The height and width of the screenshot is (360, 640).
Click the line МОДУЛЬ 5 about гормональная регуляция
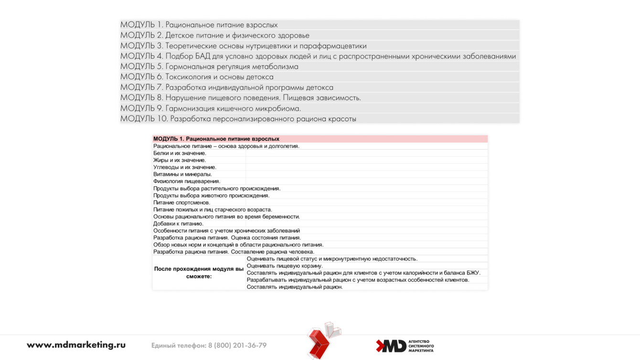click(209, 66)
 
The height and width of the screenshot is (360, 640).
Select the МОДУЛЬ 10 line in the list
click(238, 119)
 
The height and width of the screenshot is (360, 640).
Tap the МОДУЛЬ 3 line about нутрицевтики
click(243, 46)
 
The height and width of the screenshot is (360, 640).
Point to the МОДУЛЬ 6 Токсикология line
click(197, 77)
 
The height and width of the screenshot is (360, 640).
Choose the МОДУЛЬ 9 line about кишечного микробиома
click(211, 108)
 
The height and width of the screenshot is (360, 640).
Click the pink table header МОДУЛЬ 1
click(216, 139)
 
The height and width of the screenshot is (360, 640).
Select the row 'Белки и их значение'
click(180, 153)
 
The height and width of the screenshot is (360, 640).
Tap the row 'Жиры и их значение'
click(180, 160)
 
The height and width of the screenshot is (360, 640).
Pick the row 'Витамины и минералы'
click(182, 174)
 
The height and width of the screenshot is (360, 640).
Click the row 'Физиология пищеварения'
click(187, 181)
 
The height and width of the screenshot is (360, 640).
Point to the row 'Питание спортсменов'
click(181, 202)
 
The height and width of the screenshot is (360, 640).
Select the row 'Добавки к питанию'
click(178, 223)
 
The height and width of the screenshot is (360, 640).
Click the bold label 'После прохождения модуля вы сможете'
click(199, 273)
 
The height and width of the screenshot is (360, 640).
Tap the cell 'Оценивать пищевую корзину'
click(285, 266)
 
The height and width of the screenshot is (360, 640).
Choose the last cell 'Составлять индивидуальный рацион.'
click(295, 287)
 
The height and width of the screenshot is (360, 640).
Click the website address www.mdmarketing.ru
click(76, 345)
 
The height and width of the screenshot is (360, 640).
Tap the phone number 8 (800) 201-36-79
click(237, 345)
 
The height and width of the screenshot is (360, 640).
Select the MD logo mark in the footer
click(391, 346)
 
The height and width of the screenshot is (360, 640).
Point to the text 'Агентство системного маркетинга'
click(421, 346)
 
